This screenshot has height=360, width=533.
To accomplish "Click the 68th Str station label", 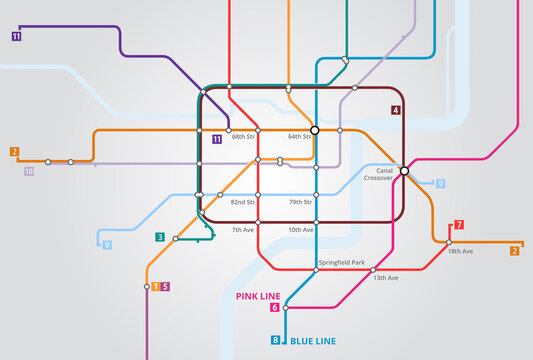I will point(243,137).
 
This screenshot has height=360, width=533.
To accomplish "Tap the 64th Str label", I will point(299,137).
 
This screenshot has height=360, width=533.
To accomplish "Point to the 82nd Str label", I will point(242,202).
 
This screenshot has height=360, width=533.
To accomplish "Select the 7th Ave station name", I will point(243,230).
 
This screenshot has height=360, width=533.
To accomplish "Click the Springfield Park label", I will point(340,262).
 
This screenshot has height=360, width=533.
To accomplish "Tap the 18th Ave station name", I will point(460,251).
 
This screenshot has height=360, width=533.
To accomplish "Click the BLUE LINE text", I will point(312,341).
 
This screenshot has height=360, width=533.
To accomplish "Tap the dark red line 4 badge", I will point(396,110).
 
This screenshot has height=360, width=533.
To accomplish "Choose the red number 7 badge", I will point(459,225).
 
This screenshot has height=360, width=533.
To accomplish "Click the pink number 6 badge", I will point(274,307).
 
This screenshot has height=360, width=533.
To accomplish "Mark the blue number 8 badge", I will point(276,341).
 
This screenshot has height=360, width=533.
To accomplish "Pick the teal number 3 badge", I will point(160,237).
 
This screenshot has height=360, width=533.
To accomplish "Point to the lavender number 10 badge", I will point(29,172).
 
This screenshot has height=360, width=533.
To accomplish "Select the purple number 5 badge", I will point(165,287).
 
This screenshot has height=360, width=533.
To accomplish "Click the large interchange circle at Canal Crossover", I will point(404,171).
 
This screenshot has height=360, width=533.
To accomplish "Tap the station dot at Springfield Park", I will point(316,269).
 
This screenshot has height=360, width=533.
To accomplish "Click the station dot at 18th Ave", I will point(448,242).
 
